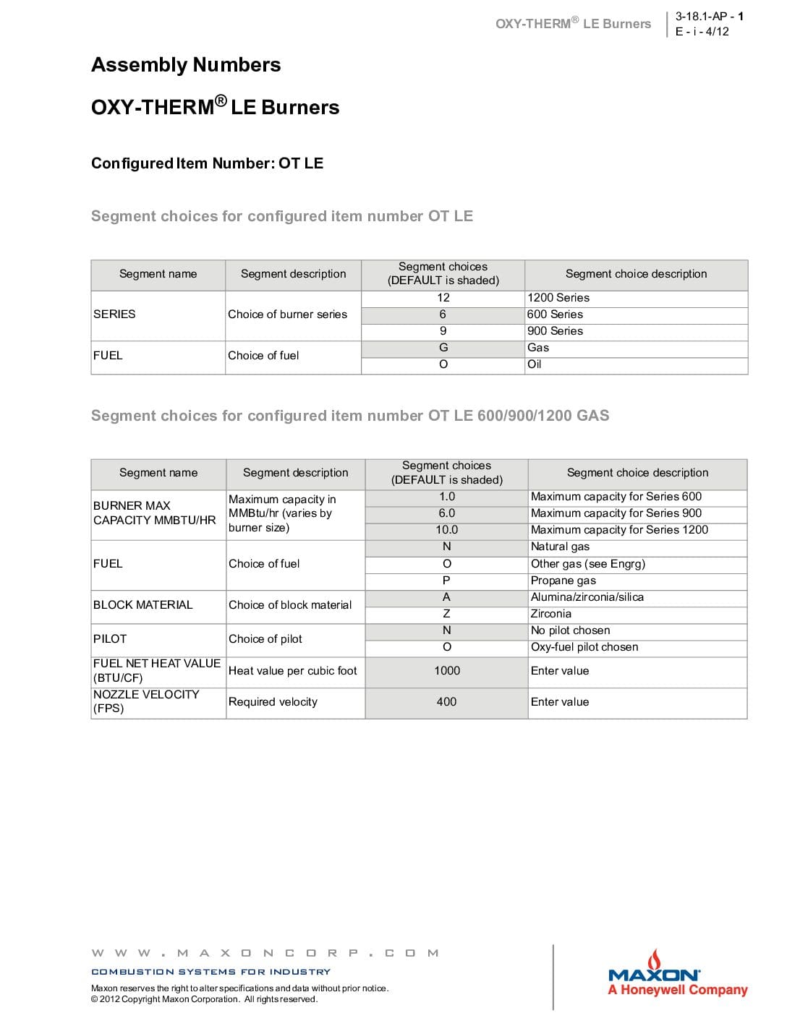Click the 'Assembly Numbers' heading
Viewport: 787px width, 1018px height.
point(186,65)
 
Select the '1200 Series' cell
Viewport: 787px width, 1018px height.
point(558,298)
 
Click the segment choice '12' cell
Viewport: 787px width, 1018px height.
point(443,298)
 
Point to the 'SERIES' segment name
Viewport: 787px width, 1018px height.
point(114,315)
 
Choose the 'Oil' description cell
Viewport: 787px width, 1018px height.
point(535,364)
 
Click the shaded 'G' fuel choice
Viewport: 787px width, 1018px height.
point(443,348)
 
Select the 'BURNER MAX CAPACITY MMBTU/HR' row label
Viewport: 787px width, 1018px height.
point(154,513)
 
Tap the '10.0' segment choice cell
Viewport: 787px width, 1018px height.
point(447,530)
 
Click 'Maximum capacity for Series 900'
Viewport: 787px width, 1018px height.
point(616,513)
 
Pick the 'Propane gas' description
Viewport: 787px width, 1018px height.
point(563,581)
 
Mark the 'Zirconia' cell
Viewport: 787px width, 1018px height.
point(551,614)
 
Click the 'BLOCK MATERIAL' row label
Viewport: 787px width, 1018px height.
point(143,605)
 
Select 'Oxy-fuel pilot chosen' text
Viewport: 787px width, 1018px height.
point(584,647)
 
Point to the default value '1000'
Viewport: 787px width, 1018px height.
point(447,671)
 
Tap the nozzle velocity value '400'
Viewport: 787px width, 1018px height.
point(447,702)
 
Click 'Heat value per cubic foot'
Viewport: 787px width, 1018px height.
point(293,671)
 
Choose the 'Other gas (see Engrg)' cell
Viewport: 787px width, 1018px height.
point(588,564)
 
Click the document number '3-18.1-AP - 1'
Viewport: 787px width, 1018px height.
point(709,16)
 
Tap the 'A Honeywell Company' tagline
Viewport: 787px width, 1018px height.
point(678,991)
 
